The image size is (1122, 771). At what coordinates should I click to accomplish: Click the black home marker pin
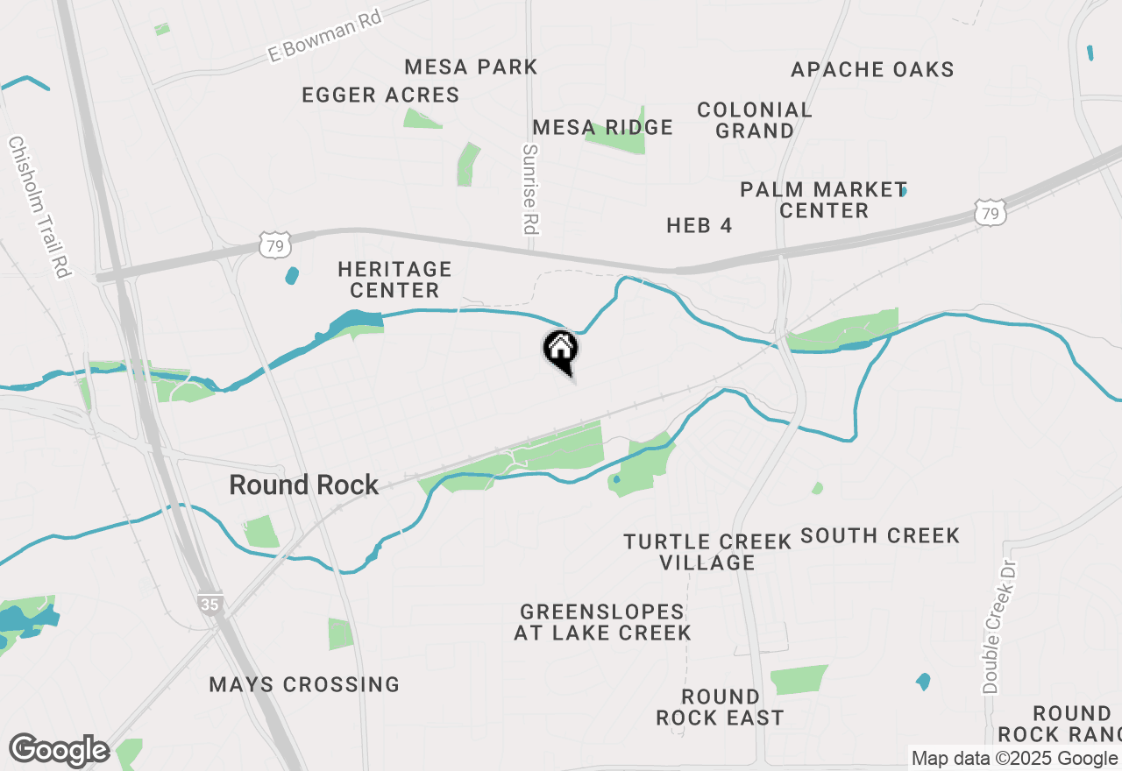click(561, 350)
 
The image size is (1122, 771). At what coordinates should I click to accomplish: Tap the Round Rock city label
click(304, 485)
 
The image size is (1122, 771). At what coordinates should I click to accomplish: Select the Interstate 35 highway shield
click(210, 604)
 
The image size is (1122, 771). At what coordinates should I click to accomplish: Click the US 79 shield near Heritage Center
click(275, 247)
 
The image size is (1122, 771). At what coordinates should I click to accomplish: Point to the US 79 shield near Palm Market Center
click(989, 213)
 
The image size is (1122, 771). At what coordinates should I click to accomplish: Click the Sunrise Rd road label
click(529, 189)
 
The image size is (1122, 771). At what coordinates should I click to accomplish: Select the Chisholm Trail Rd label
click(39, 207)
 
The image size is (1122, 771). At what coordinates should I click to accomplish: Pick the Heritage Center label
click(394, 279)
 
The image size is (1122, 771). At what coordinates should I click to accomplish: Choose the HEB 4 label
click(699, 225)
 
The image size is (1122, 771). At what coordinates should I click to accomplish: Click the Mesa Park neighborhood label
click(471, 67)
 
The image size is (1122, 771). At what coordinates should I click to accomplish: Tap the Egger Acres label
click(380, 95)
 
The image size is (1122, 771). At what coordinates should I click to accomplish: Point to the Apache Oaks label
click(872, 69)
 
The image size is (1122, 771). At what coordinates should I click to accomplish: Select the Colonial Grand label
click(755, 120)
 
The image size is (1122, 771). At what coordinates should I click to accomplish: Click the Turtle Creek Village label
click(707, 552)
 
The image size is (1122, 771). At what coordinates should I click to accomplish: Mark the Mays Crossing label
click(304, 684)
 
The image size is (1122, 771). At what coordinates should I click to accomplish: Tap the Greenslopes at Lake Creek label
click(602, 622)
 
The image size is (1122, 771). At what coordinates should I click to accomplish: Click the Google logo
click(59, 751)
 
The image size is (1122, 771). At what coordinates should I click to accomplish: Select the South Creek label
click(880, 535)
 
